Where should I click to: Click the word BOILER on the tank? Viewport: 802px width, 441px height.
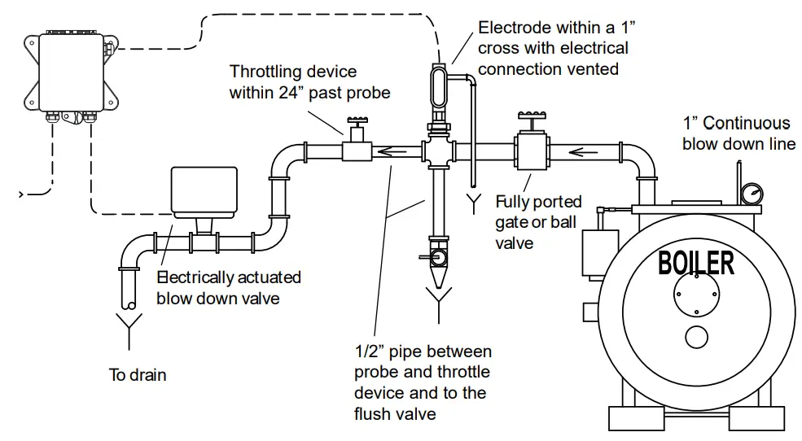click(x=696, y=263)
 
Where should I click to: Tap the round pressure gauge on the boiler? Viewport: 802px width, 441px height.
click(x=752, y=194)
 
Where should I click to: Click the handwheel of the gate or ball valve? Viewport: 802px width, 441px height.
click(x=532, y=116)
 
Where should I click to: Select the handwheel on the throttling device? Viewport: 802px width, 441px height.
click(x=357, y=121)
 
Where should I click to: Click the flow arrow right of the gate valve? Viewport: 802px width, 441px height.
click(x=583, y=152)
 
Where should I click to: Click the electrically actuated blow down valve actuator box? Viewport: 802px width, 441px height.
click(x=204, y=190)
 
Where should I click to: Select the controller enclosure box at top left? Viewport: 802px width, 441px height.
click(x=72, y=72)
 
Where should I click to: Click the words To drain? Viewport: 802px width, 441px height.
click(x=138, y=374)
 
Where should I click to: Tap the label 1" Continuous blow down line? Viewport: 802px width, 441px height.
click(x=738, y=133)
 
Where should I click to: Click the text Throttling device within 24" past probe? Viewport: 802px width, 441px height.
click(x=309, y=81)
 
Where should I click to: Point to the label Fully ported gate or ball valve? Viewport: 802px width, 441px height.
click(x=538, y=222)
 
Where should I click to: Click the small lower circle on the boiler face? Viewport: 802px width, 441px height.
click(x=696, y=337)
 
